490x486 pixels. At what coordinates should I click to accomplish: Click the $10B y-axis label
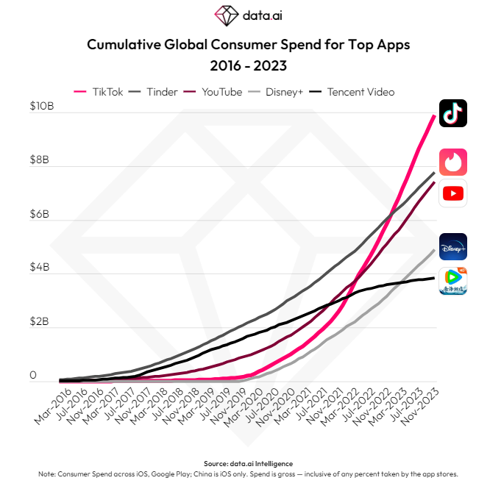pos(42,106)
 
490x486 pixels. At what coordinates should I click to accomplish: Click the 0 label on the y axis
pos(33,376)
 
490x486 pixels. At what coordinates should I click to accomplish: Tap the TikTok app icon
pos(453,113)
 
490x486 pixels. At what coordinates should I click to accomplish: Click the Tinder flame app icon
pos(453,162)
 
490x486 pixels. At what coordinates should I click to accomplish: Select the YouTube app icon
pos(453,193)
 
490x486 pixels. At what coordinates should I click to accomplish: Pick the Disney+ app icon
pos(453,247)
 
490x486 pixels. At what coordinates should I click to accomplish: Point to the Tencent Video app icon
pos(453,282)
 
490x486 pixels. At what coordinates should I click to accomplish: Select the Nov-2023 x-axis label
pos(422,408)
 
